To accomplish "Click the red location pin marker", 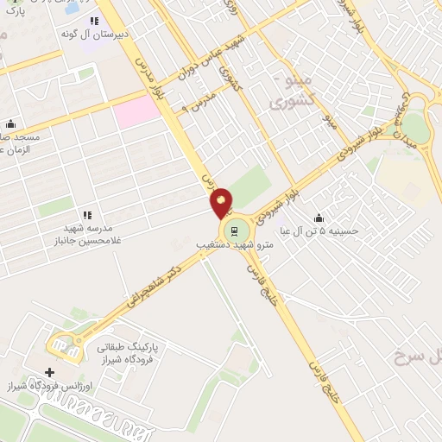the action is click(221, 202).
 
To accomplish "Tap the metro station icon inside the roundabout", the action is click(231, 230).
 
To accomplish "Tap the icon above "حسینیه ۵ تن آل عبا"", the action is click(319, 218).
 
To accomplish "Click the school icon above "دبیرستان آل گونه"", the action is click(94, 21).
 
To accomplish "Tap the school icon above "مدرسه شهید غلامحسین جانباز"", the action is click(86, 215).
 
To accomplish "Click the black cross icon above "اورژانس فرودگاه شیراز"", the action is click(49, 371).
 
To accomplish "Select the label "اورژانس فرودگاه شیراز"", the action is click(43, 384).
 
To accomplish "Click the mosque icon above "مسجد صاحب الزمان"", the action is click(9, 124).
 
